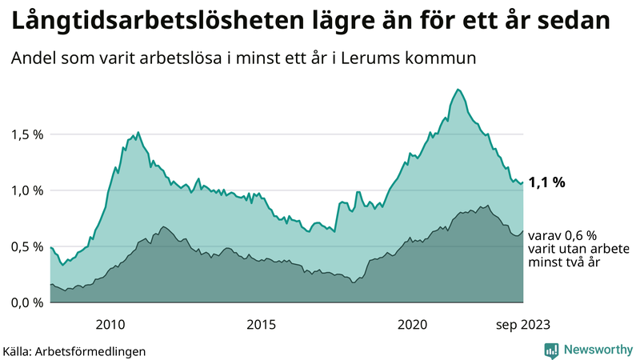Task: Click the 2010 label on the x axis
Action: point(110,324)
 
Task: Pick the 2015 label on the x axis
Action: point(262,324)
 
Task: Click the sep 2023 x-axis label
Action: point(524,324)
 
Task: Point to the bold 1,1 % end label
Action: point(547,182)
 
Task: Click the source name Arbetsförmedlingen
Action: point(96,351)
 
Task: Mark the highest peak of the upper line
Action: point(457,89)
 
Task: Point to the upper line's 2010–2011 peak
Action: point(138,132)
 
